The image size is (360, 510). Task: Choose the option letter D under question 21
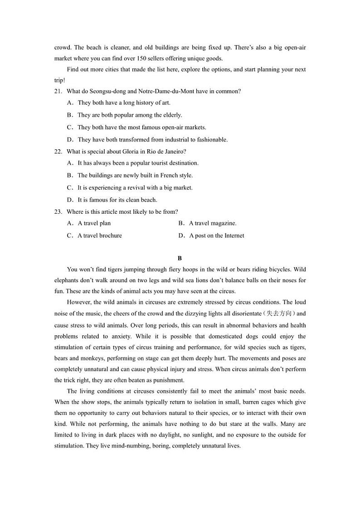tap(70, 140)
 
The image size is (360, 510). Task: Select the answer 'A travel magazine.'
tap(213, 223)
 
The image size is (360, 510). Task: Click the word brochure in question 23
tap(110, 235)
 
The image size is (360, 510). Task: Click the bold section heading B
tap(180, 259)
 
